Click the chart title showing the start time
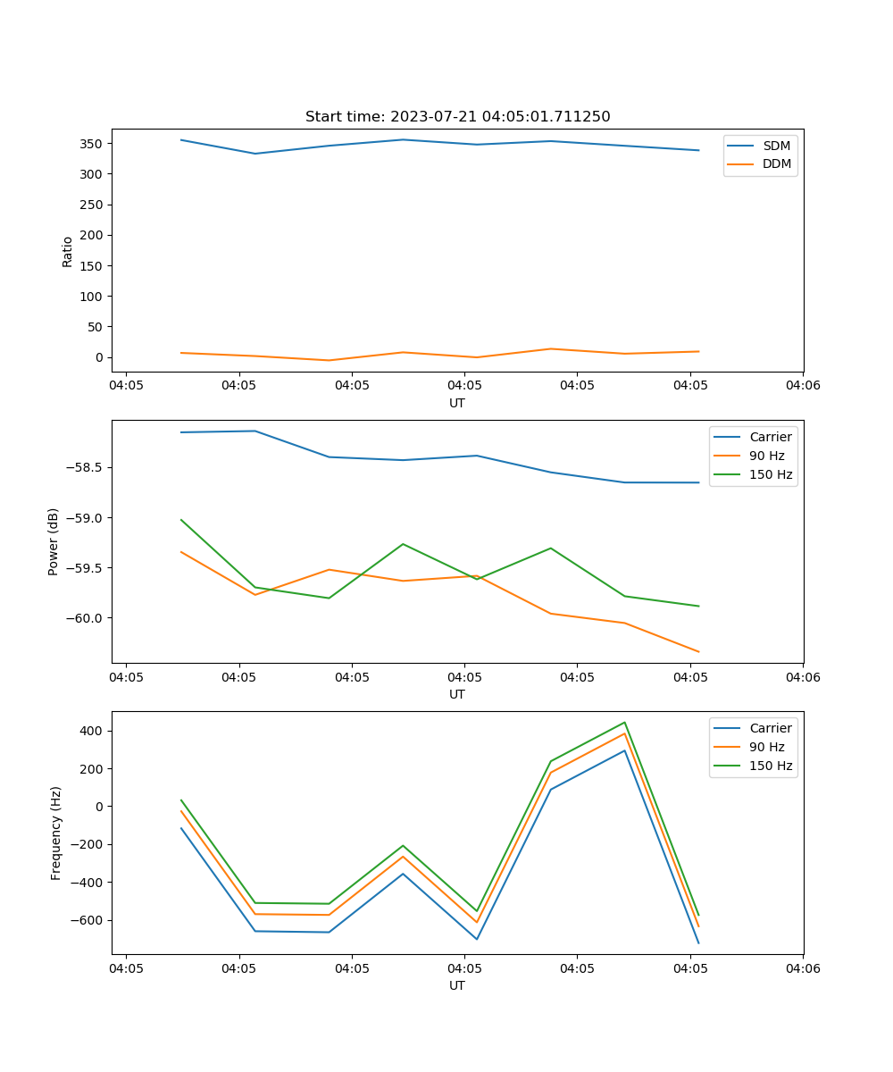pos(457,117)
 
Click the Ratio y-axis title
pos(68,251)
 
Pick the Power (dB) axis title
pos(54,541)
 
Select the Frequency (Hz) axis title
pos(56,833)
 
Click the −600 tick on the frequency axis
pos(90,920)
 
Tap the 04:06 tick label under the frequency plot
pos(802,968)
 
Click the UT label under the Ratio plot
pos(457,403)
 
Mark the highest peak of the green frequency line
pos(624,723)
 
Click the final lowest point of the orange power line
pos(698,652)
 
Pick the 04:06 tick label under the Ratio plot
pos(802,386)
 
